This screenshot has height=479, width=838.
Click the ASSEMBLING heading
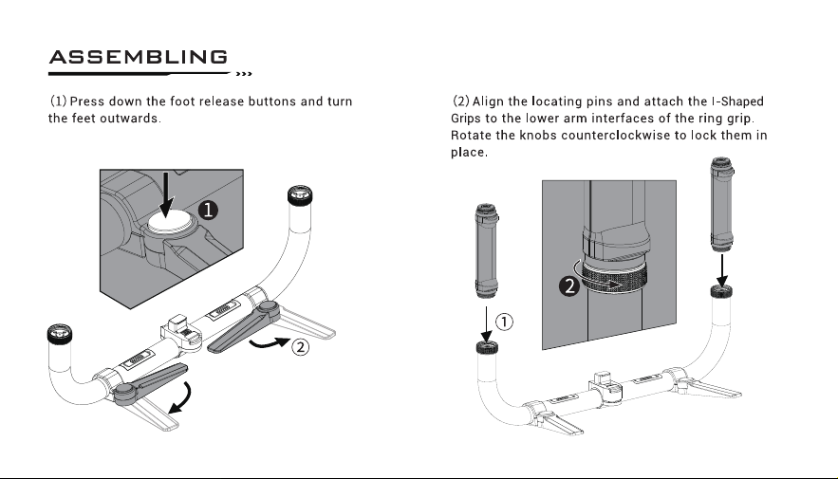tap(139, 57)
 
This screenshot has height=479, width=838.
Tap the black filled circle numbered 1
tap(208, 210)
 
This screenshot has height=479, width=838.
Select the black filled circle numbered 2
tap(569, 286)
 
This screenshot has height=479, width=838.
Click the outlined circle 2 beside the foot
tap(300, 347)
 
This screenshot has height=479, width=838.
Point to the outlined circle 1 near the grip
tap(504, 322)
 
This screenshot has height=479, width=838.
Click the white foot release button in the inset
tap(170, 221)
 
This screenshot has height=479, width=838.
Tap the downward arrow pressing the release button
tap(167, 194)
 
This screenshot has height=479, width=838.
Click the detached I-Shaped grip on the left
tap(486, 250)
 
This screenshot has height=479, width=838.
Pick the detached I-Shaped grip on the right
tap(721, 204)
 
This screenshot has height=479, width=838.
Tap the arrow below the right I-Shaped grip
tap(722, 270)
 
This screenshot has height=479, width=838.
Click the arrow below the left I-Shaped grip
tap(486, 324)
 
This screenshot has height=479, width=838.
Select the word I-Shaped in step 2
tap(737, 101)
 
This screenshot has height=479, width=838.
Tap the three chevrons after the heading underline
tap(244, 74)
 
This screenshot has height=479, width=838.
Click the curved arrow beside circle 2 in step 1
tap(270, 342)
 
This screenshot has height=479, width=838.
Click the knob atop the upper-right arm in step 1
tap(300, 195)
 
